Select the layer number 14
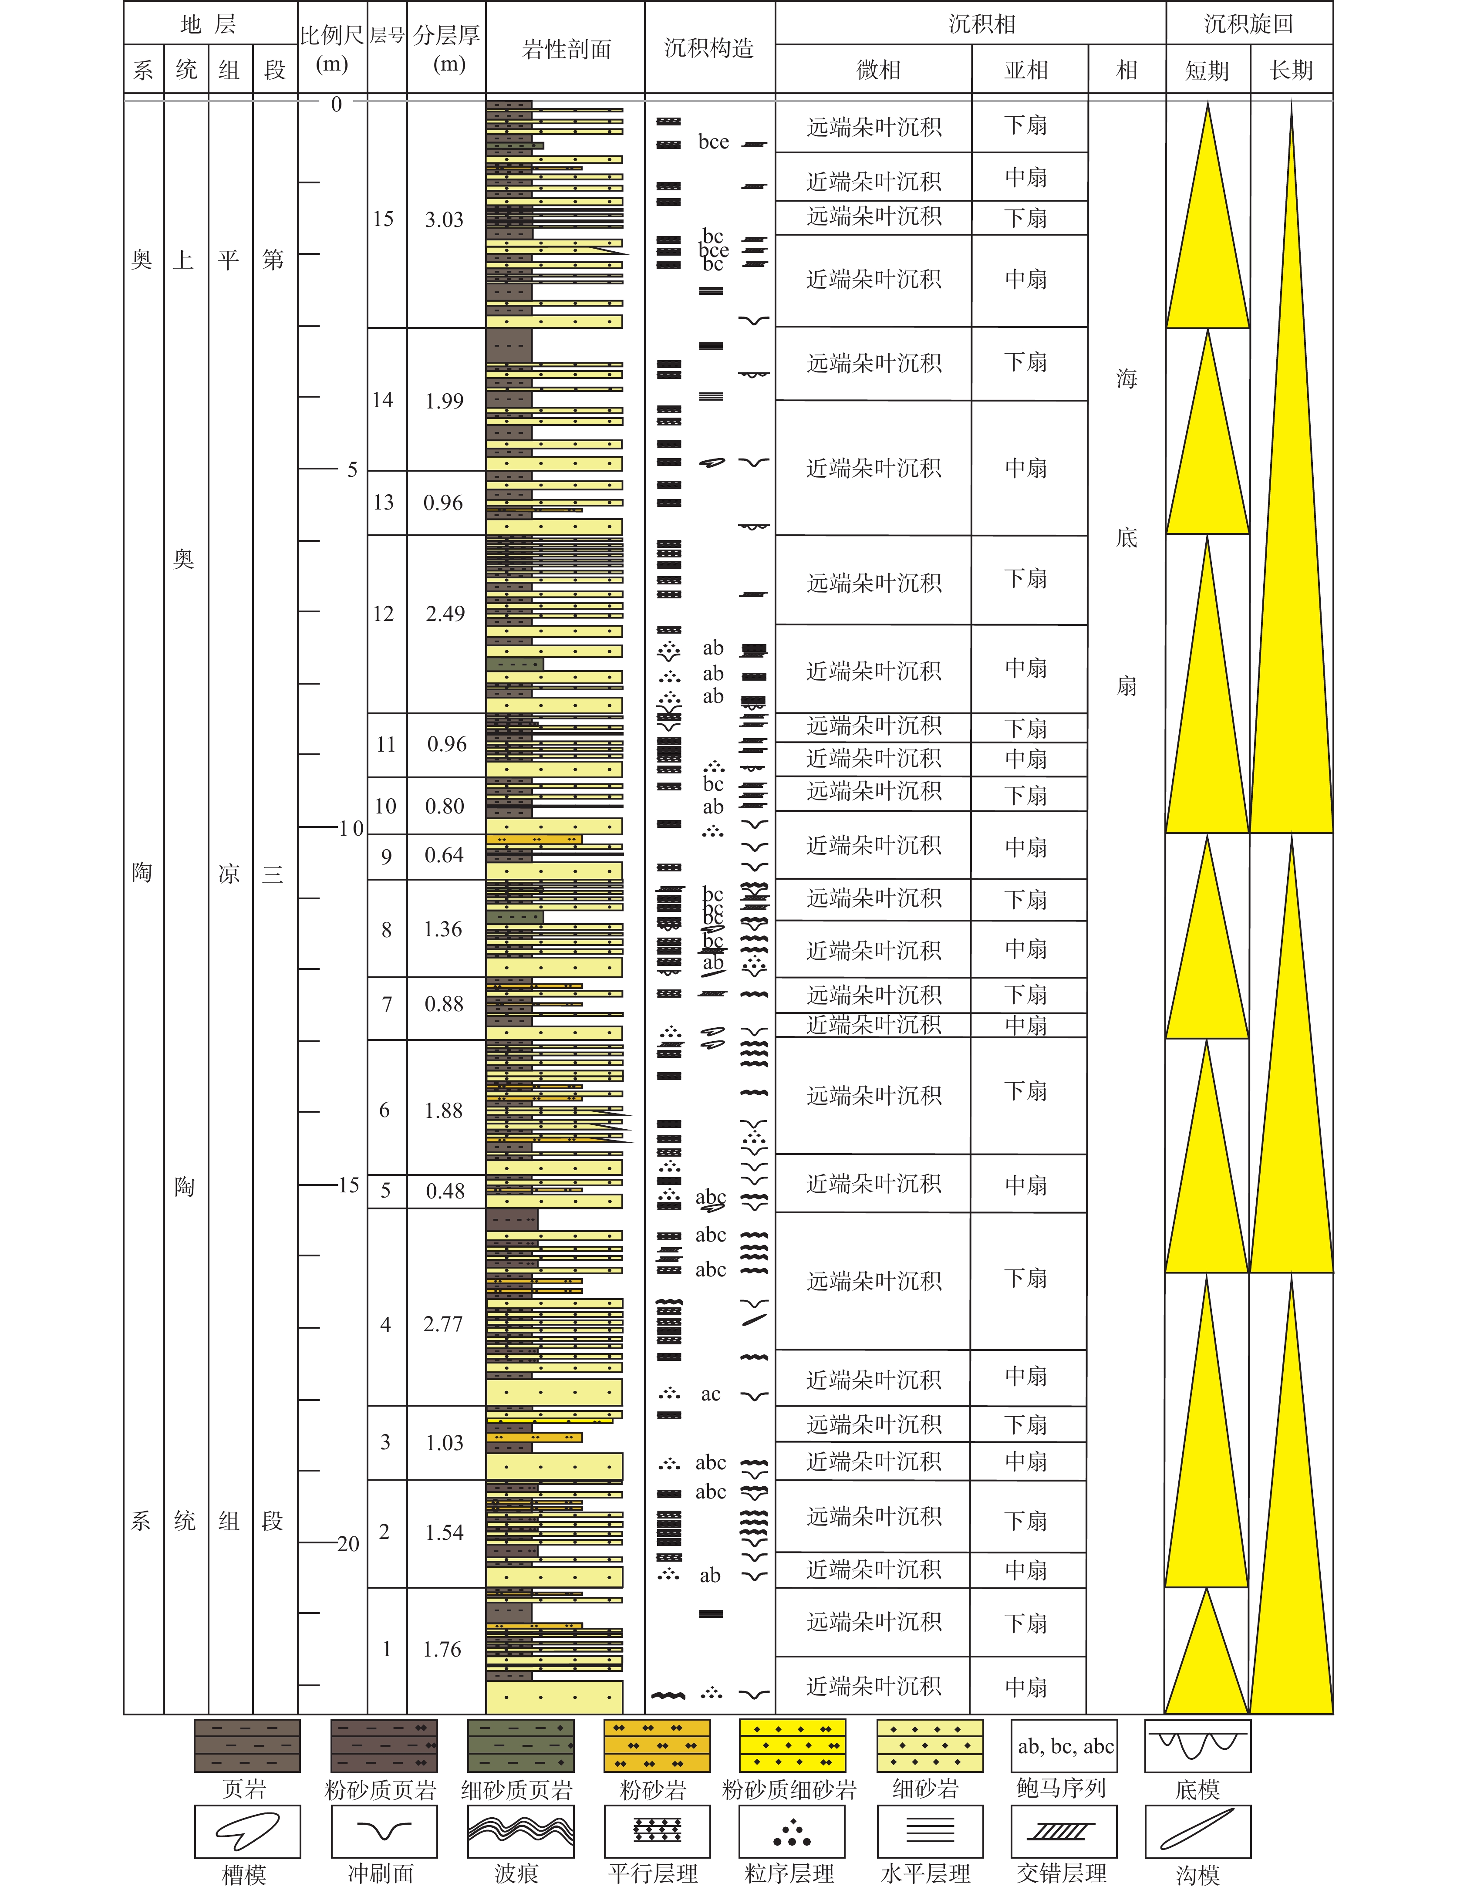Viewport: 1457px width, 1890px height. (x=382, y=400)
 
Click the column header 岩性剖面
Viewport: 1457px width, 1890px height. (x=566, y=49)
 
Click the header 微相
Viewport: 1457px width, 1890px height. (x=878, y=70)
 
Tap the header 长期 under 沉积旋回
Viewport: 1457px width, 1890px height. (x=1291, y=70)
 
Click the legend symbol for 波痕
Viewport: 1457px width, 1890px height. (x=520, y=1832)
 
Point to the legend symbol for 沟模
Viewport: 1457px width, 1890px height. (x=1197, y=1832)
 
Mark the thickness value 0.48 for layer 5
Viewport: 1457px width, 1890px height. (x=445, y=1191)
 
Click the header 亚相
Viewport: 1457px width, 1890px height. (x=1026, y=70)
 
